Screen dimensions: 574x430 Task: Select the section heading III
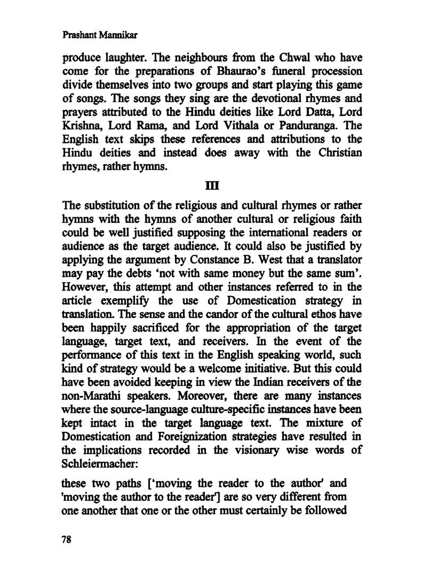(212, 186)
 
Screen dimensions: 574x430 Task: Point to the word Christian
(340, 153)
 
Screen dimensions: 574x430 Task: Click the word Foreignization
(192, 437)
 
